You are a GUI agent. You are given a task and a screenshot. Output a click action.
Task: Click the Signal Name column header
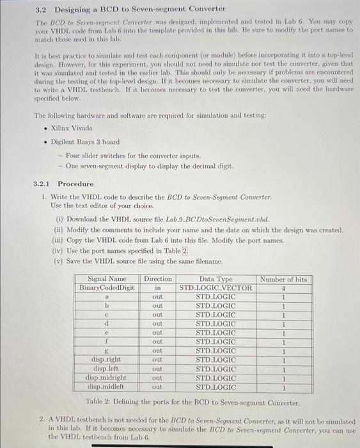107,279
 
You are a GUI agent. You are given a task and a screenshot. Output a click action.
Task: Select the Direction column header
157,279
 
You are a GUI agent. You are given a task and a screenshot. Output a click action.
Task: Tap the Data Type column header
216,279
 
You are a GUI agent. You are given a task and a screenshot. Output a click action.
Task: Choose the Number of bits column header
283,279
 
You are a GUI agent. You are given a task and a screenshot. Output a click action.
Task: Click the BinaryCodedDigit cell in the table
107,288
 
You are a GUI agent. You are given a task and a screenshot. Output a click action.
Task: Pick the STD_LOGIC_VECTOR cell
216,288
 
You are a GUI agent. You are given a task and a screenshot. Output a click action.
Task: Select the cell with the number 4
283,288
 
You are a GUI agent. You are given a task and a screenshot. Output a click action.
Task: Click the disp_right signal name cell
107,360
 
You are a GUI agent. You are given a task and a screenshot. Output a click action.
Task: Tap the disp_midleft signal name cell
107,387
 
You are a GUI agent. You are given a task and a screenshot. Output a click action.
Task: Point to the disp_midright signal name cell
107,378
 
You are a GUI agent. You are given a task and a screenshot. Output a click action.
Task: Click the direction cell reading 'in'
157,288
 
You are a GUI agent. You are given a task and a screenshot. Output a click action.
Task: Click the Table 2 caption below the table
192,403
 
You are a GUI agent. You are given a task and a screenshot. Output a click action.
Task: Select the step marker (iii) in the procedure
58,241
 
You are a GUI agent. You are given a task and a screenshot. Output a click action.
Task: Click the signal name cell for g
107,351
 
